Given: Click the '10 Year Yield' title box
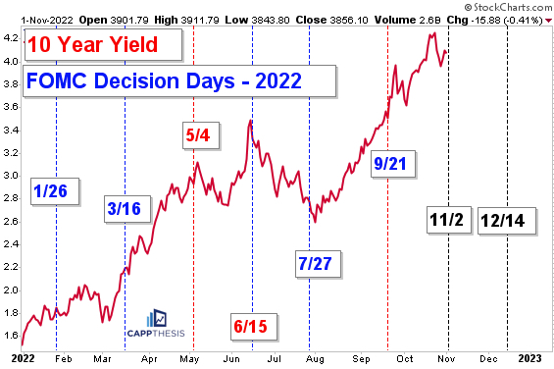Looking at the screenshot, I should coord(94,45).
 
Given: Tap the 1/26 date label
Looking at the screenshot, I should coord(50,190).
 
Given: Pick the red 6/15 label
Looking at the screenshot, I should coord(253,325).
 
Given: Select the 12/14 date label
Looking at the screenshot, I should coord(502,221).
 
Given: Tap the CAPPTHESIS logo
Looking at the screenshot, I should coord(156,326).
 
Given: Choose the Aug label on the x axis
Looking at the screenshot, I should coord(312,359).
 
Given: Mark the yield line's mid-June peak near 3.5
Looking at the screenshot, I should coord(252,121).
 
